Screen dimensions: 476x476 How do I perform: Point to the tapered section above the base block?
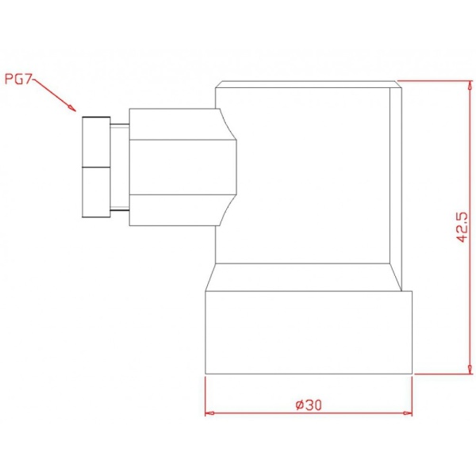click(309, 278)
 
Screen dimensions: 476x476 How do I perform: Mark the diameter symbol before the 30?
click(298, 404)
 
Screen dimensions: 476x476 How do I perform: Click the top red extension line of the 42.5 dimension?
click(432, 80)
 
